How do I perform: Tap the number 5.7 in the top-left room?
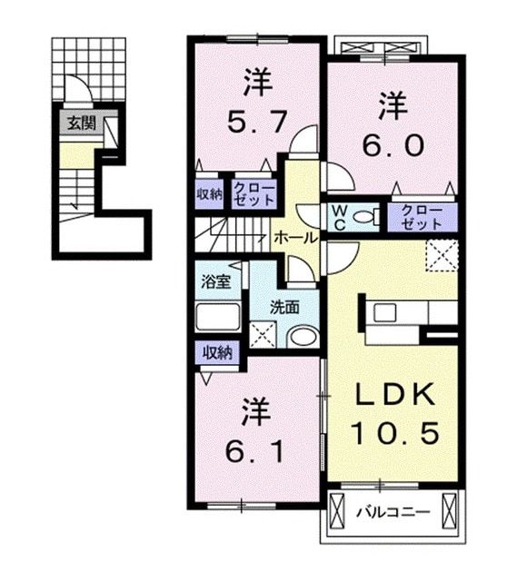click(254, 119)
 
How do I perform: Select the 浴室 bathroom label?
click(215, 281)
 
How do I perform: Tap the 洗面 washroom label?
click(283, 307)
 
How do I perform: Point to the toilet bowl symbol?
click(363, 217)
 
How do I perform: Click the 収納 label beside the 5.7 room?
click(209, 193)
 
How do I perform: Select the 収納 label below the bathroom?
click(216, 351)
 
